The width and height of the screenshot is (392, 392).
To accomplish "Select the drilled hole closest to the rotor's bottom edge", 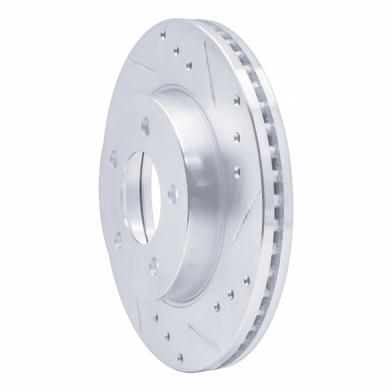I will coord(182,357).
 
